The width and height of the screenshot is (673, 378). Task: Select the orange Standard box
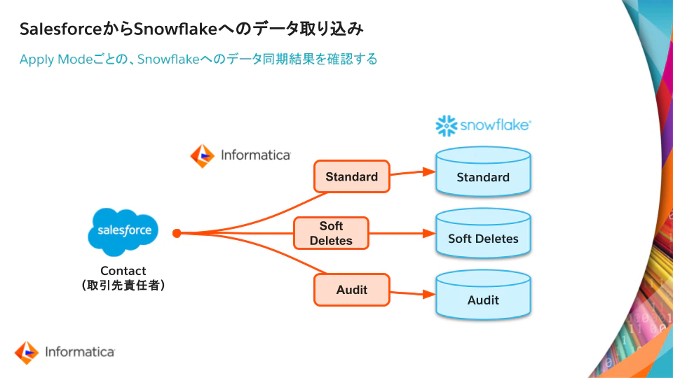pyautogui.click(x=351, y=176)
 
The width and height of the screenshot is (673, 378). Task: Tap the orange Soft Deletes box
pyautogui.click(x=331, y=234)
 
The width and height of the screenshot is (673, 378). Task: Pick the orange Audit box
pyautogui.click(x=351, y=289)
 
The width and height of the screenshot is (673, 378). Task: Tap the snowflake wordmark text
pyautogui.click(x=495, y=126)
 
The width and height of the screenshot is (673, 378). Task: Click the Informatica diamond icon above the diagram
pyautogui.click(x=203, y=155)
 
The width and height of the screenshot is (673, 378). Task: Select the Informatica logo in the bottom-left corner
pyautogui.click(x=64, y=352)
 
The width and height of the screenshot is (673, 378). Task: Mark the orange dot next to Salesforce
pyautogui.click(x=177, y=233)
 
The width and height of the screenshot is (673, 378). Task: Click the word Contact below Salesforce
pyautogui.click(x=123, y=271)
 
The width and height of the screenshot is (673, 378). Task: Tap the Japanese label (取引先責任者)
pyautogui.click(x=123, y=286)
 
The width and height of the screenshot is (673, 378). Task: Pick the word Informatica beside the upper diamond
pyautogui.click(x=255, y=155)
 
